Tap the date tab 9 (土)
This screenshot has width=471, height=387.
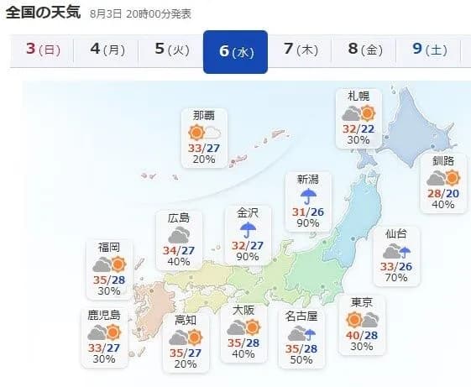(429, 50)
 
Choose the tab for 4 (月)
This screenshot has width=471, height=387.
(107, 50)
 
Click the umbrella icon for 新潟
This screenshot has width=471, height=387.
(309, 196)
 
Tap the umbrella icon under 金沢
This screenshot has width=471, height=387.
(249, 231)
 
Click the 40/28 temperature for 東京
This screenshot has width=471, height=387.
(363, 336)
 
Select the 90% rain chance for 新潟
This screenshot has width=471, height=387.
(309, 223)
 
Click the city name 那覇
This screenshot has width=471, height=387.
(204, 115)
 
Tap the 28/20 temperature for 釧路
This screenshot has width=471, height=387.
(442, 193)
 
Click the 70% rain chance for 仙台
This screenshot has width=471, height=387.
(396, 277)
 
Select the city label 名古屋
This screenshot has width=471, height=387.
(301, 316)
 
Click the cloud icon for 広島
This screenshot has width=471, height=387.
(178, 237)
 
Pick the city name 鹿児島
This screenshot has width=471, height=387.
(104, 316)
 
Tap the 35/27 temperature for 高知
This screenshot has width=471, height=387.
(186, 353)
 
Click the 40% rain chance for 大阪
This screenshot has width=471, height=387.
(243, 354)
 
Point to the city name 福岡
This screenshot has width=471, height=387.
(109, 247)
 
